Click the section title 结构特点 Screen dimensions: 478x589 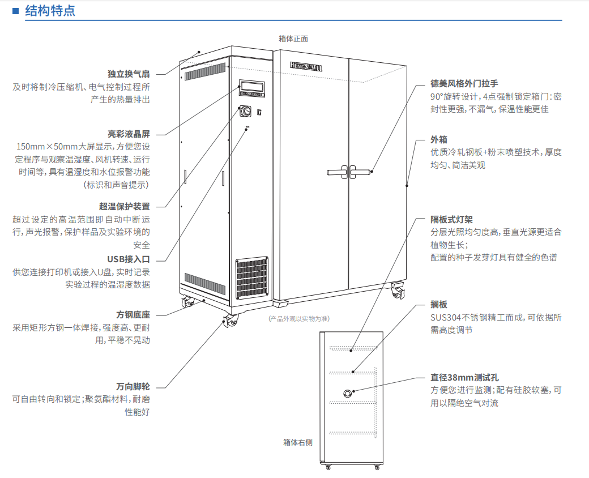[x=50, y=11]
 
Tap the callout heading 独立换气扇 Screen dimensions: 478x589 [x=129, y=74]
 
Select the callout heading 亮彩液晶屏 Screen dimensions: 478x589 [x=129, y=134]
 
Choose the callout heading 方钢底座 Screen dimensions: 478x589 [x=133, y=314]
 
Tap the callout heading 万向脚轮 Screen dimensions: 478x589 [x=133, y=386]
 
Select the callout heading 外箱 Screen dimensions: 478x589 [x=439, y=139]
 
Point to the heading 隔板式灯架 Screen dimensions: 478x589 [x=451, y=219]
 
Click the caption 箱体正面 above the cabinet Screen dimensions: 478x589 [x=293, y=39]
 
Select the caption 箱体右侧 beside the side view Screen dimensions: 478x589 [x=298, y=442]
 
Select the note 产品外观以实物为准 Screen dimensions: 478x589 [x=299, y=319]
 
